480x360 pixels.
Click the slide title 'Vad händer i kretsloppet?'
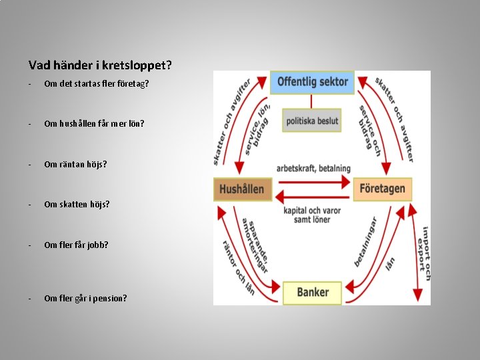pyautogui.click(x=100, y=65)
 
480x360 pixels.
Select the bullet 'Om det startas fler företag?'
pyautogui.click(x=96, y=83)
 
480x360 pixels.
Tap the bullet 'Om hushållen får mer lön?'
pyautogui.click(x=93, y=123)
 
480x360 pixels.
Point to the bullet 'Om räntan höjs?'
pyautogui.click(x=75, y=164)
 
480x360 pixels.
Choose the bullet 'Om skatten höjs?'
pyautogui.click(x=77, y=204)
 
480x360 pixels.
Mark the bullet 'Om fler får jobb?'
pyautogui.click(x=76, y=245)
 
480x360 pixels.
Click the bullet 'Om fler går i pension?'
pyautogui.click(x=85, y=298)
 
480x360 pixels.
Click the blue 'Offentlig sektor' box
pyautogui.click(x=312, y=82)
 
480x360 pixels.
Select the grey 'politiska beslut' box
pyautogui.click(x=312, y=121)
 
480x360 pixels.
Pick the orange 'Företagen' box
pyautogui.click(x=382, y=189)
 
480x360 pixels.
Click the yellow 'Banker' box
pyautogui.click(x=312, y=292)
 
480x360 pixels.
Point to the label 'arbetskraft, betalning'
pyautogui.click(x=313, y=168)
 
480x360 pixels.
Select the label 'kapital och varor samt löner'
pyautogui.click(x=313, y=215)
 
